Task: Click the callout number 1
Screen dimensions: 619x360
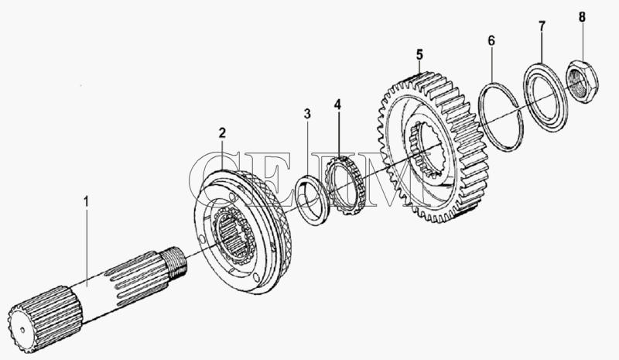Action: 86,201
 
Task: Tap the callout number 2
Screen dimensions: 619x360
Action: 222,133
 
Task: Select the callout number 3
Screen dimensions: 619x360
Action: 307,114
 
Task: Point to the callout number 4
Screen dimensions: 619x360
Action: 337,105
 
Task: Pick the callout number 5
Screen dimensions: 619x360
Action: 419,54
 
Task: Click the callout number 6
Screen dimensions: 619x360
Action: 491,40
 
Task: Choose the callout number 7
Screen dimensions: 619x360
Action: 542,26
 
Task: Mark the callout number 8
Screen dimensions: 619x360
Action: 582,17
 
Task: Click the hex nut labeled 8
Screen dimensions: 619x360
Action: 582,81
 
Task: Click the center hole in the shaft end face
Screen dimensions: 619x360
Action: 22,330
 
